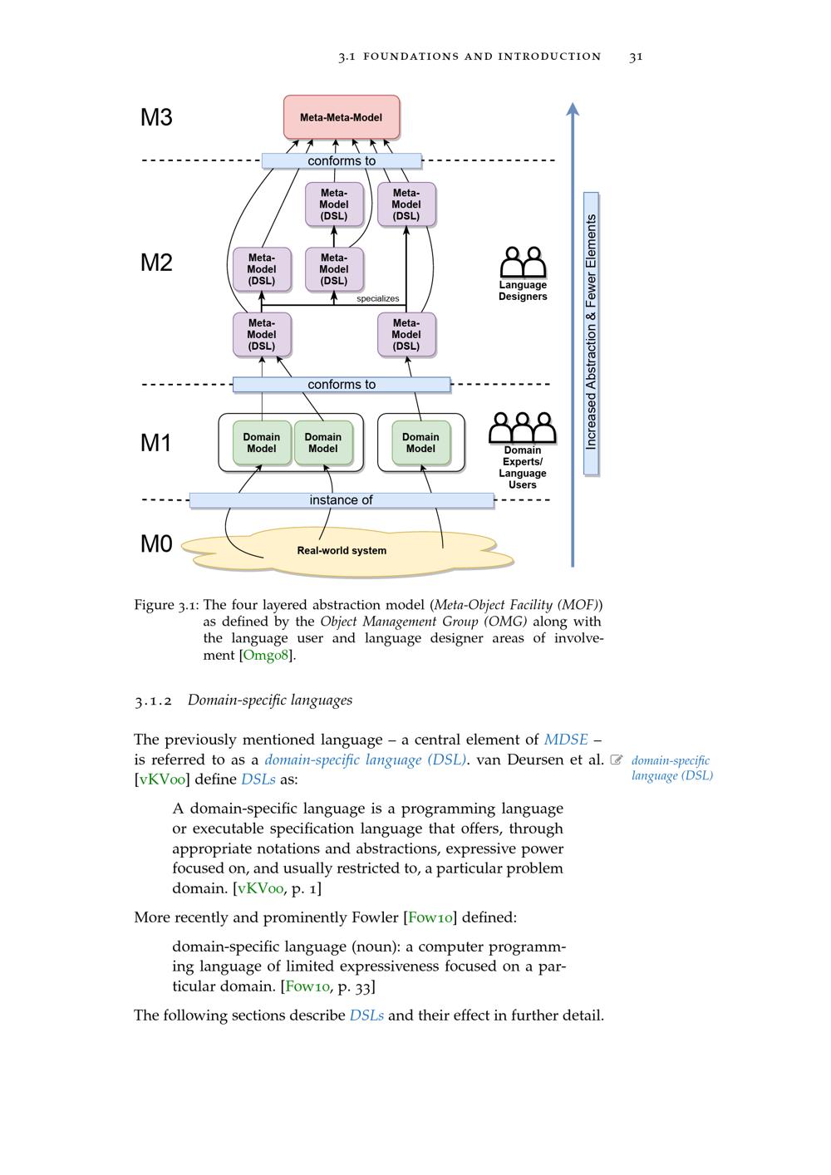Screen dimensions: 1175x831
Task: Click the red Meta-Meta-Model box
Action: tap(342, 117)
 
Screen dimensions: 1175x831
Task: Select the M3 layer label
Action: tap(156, 117)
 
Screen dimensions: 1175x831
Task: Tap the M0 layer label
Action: tap(156, 544)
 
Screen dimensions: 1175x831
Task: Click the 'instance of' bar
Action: tap(342, 500)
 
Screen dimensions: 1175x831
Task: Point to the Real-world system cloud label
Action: tap(342, 551)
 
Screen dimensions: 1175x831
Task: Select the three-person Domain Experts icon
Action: tap(522, 429)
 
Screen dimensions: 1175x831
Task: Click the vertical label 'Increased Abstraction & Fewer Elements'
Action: tap(592, 332)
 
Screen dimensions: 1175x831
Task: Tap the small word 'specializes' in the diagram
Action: tap(378, 298)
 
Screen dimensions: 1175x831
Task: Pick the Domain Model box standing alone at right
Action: tap(420, 443)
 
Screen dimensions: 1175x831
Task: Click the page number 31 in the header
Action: tap(636, 57)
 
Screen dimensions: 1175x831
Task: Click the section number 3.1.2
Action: tap(153, 701)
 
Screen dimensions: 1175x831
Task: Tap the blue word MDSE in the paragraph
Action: tap(566, 740)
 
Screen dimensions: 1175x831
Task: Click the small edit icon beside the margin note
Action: tap(617, 760)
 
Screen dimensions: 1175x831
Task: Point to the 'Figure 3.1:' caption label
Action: tap(166, 605)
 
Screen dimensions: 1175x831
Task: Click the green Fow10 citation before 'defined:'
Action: tap(430, 917)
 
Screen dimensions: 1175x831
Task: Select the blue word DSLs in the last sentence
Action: tap(366, 1015)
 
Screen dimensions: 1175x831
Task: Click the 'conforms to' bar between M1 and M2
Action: tap(342, 385)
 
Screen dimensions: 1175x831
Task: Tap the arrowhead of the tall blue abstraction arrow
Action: tap(573, 109)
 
